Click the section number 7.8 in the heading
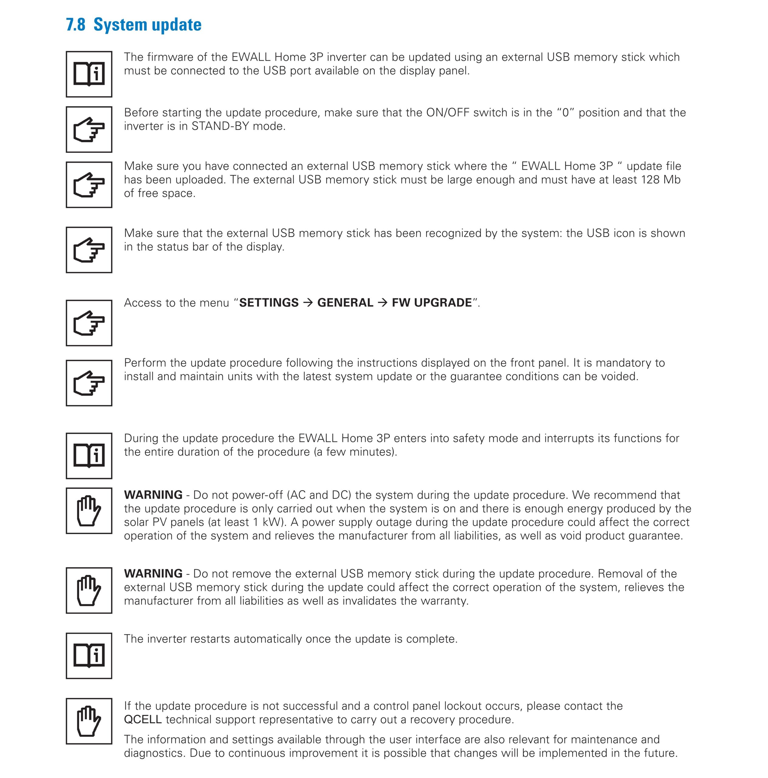pyautogui.click(x=76, y=25)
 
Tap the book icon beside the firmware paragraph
pyautogui.click(x=89, y=74)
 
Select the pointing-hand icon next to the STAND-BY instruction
pyautogui.click(x=89, y=129)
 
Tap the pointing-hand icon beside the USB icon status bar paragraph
pyautogui.click(x=89, y=250)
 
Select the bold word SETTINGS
pyautogui.click(x=269, y=303)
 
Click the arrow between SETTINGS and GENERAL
pyautogui.click(x=308, y=303)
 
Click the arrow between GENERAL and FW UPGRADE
pyautogui.click(x=383, y=303)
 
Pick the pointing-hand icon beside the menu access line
pyautogui.click(x=89, y=323)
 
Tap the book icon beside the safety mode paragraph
pyautogui.click(x=89, y=456)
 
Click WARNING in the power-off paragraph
pyautogui.click(x=153, y=495)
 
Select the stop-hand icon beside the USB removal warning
pyautogui.click(x=89, y=590)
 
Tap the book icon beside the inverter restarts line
pyautogui.click(x=89, y=656)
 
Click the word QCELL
pyautogui.click(x=143, y=720)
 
